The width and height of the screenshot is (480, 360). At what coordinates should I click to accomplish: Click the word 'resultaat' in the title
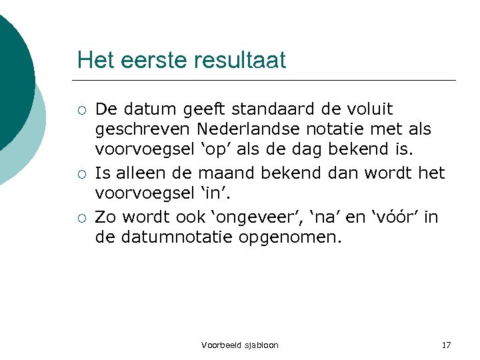[240, 61]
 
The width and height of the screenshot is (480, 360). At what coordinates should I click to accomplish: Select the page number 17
[446, 345]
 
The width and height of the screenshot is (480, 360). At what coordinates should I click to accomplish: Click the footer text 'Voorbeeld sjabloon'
[240, 345]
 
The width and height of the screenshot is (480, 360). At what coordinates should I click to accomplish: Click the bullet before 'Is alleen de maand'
[81, 175]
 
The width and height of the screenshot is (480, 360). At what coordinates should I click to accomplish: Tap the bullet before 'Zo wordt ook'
[81, 218]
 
